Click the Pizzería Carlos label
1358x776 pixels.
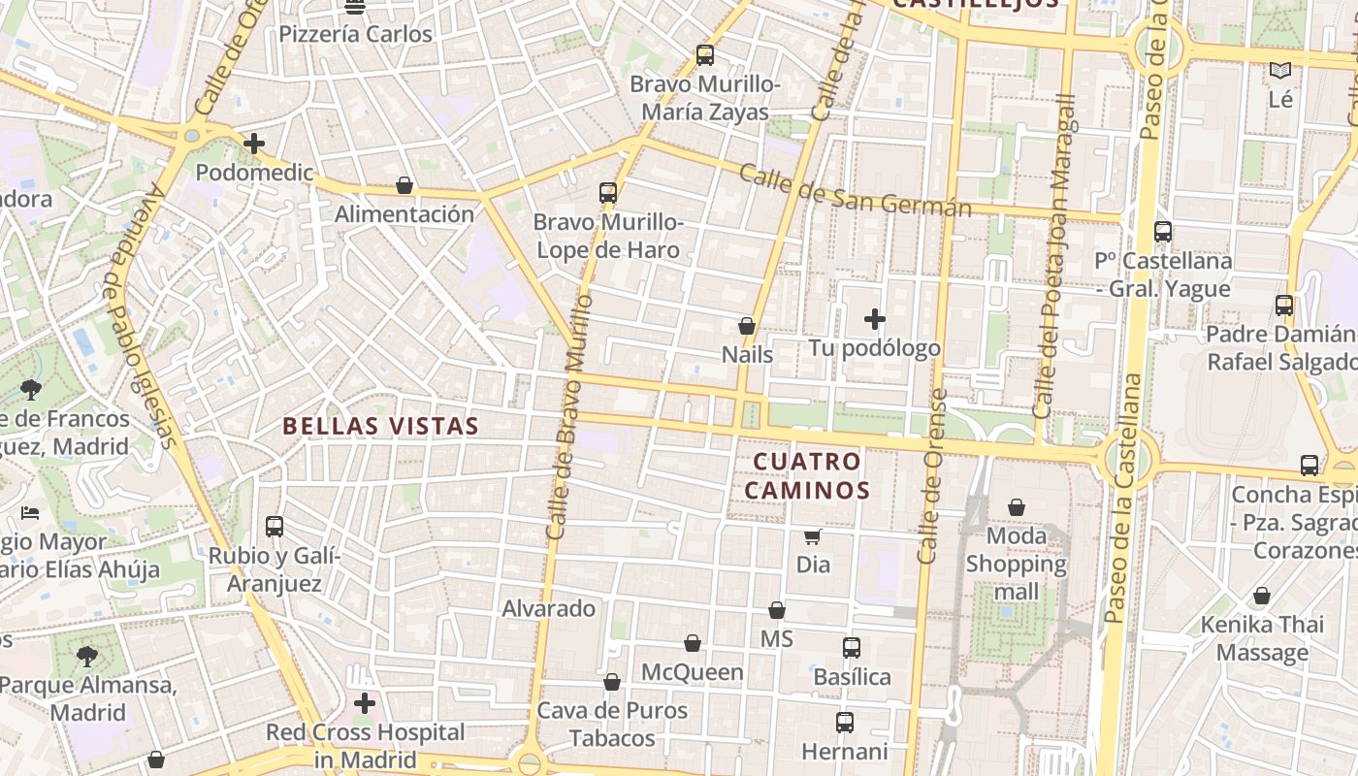tap(355, 34)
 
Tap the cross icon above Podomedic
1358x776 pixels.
tap(254, 144)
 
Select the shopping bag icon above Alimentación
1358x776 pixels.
tap(404, 185)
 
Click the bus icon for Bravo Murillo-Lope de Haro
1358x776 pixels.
tap(608, 193)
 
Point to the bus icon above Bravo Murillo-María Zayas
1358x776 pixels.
tap(705, 55)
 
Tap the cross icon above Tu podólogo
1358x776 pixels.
tap(875, 318)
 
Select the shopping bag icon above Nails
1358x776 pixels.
tap(747, 326)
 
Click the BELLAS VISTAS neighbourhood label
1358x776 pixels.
tap(380, 426)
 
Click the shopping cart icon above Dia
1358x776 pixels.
tap(813, 536)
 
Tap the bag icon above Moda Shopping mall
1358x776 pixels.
tap(1017, 507)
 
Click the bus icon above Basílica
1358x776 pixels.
tap(852, 648)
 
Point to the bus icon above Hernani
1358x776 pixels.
tap(845, 723)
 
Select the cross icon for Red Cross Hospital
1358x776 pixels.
tap(365, 703)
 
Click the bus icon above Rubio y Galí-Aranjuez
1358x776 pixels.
tap(275, 527)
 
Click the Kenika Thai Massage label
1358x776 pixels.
tap(1262, 637)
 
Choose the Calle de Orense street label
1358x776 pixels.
tap(931, 475)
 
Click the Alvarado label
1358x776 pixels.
tap(548, 609)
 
